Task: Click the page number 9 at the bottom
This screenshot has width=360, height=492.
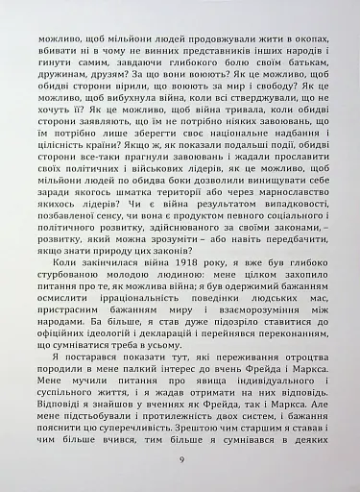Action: click(x=180, y=458)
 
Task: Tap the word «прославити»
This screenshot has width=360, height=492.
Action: click(x=292, y=164)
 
